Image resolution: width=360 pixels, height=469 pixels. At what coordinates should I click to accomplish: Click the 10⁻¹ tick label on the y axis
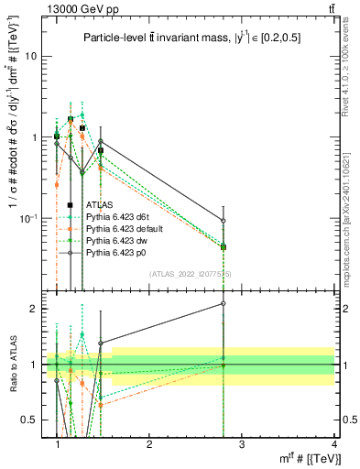(x=30, y=217)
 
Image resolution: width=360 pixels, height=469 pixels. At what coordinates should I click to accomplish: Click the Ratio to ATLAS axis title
(x=12, y=365)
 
